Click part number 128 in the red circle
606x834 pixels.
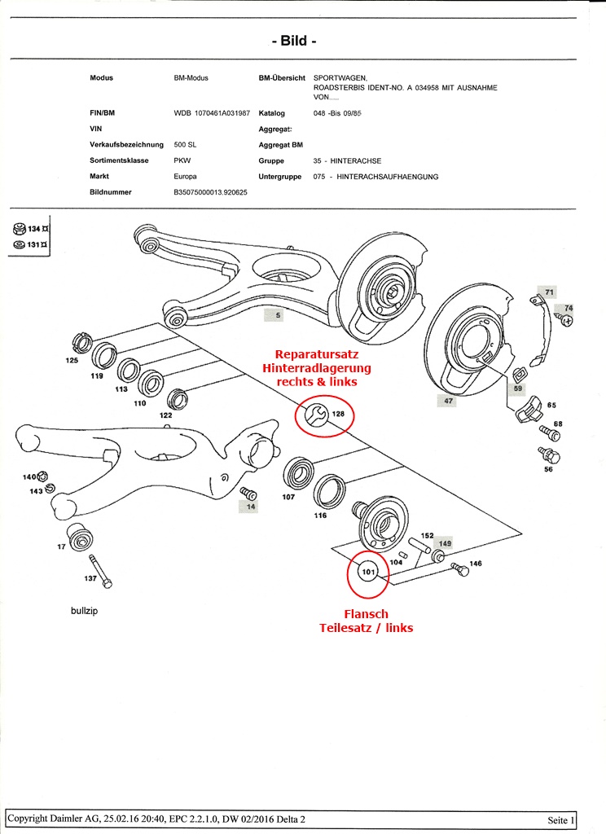(x=339, y=415)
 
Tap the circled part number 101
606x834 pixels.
(x=368, y=572)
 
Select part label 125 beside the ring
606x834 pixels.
(x=72, y=360)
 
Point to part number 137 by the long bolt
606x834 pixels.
(x=90, y=578)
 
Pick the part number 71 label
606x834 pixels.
(x=549, y=292)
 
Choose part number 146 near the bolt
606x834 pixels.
(x=476, y=563)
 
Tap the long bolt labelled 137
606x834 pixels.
(x=100, y=567)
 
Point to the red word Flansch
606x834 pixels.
(x=366, y=614)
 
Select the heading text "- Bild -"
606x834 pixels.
(x=293, y=40)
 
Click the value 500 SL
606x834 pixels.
(x=186, y=144)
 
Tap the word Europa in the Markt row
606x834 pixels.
(x=187, y=176)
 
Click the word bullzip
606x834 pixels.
(x=84, y=610)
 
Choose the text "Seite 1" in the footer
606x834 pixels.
(x=561, y=819)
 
